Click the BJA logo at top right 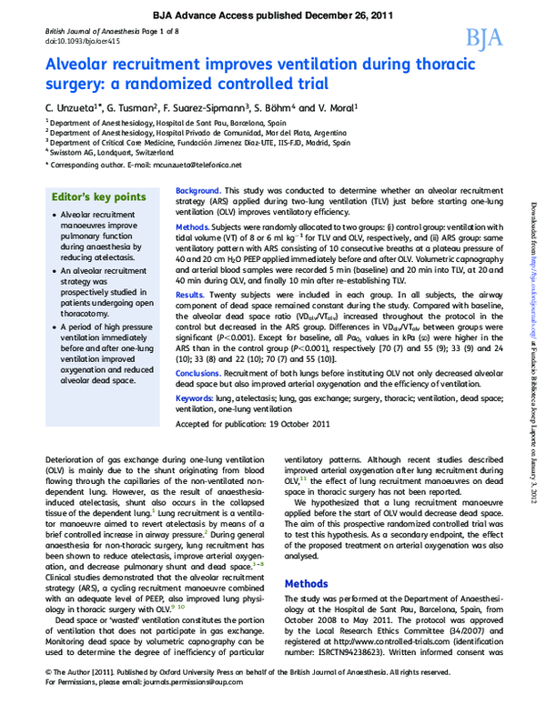pyautogui.click(x=483, y=37)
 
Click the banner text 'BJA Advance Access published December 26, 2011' pyautogui.click(x=273, y=15)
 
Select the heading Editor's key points pyautogui.click(x=98, y=196)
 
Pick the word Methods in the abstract pyautogui.click(x=194, y=224)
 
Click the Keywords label pyautogui.click(x=197, y=399)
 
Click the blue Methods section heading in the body pyautogui.click(x=307, y=583)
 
